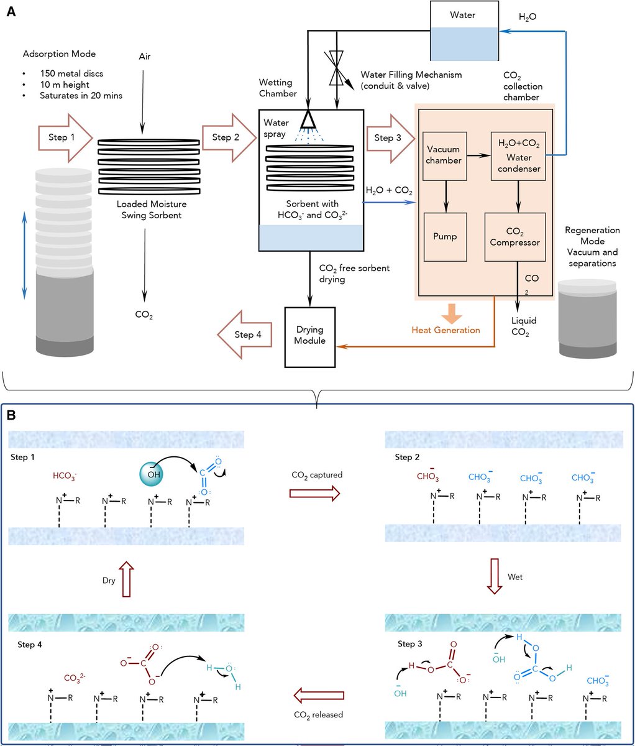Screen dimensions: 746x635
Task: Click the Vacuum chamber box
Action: tap(444, 155)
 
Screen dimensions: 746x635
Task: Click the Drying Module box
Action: tap(311, 336)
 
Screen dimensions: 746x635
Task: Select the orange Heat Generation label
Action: tap(446, 330)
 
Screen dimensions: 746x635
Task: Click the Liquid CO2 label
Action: tap(524, 327)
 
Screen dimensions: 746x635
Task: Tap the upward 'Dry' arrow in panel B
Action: tap(126, 578)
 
